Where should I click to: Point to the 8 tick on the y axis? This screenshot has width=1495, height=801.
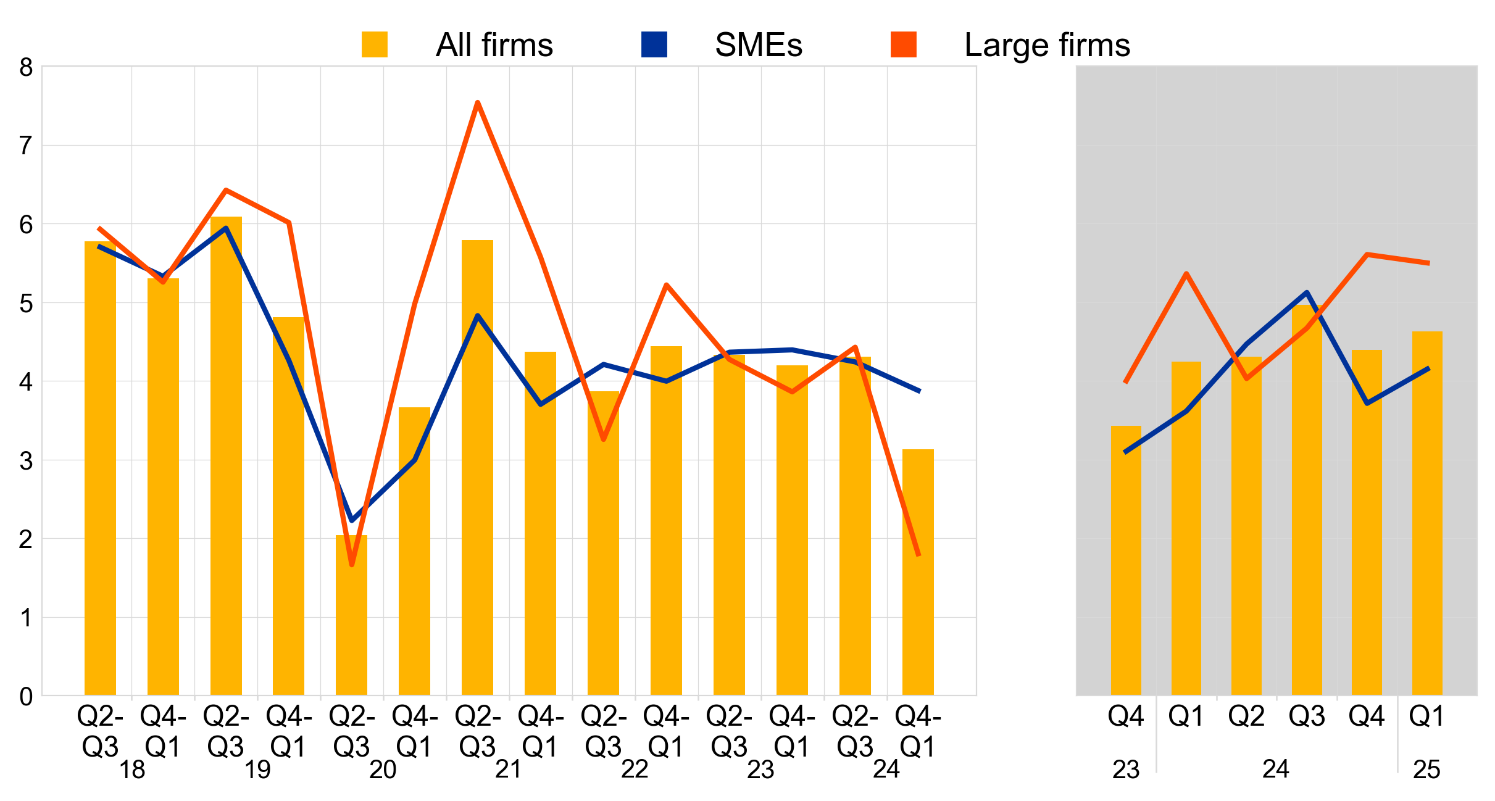coord(26,67)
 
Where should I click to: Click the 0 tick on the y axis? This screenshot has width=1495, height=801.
coord(26,696)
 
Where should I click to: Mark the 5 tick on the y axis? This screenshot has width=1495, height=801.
coord(26,304)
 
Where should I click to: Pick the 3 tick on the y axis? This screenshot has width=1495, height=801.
coord(26,461)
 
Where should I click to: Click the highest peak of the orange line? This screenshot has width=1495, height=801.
coord(478,102)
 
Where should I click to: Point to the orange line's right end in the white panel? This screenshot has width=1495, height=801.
coord(919,555)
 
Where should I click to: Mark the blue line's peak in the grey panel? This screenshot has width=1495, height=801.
coord(1307,293)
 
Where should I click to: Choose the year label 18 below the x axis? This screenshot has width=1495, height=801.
coord(132,770)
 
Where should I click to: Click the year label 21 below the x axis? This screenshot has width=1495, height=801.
coord(509,770)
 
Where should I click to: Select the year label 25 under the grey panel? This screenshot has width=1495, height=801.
coord(1426,770)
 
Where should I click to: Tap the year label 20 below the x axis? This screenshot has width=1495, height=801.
coord(383,770)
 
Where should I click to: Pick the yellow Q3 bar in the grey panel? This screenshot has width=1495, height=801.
coord(1307,500)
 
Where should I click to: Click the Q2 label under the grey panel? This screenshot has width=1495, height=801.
coord(1246,716)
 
